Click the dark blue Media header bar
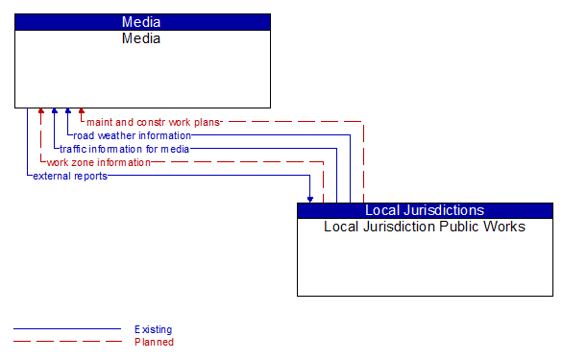[142, 21]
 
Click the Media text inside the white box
[142, 38]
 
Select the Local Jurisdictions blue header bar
[425, 210]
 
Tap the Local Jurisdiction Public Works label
[425, 228]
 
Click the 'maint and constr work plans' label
[154, 122]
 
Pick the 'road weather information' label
[133, 135]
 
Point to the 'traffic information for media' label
[125, 149]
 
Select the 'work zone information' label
[98, 162]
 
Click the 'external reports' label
[70, 176]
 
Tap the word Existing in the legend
[154, 329]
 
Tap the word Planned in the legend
[154, 342]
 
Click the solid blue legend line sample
[67, 329]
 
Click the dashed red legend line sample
[67, 342]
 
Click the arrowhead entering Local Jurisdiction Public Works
[310, 199]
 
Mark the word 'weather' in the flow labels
[115, 135]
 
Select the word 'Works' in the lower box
[505, 228]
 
